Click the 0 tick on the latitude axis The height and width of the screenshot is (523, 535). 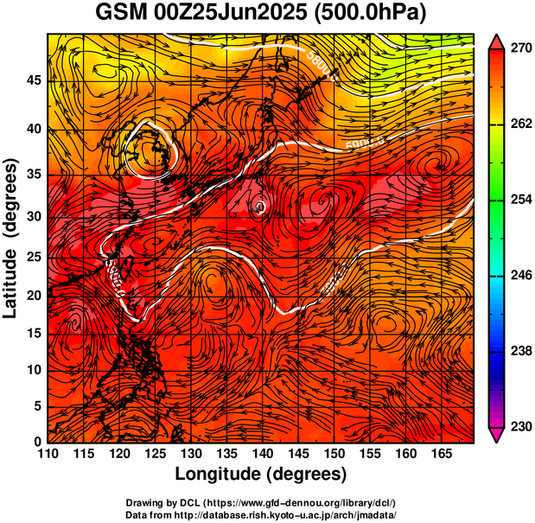click(37, 442)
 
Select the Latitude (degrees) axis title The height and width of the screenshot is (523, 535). click(13, 238)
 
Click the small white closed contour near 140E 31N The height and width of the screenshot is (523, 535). click(259, 207)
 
